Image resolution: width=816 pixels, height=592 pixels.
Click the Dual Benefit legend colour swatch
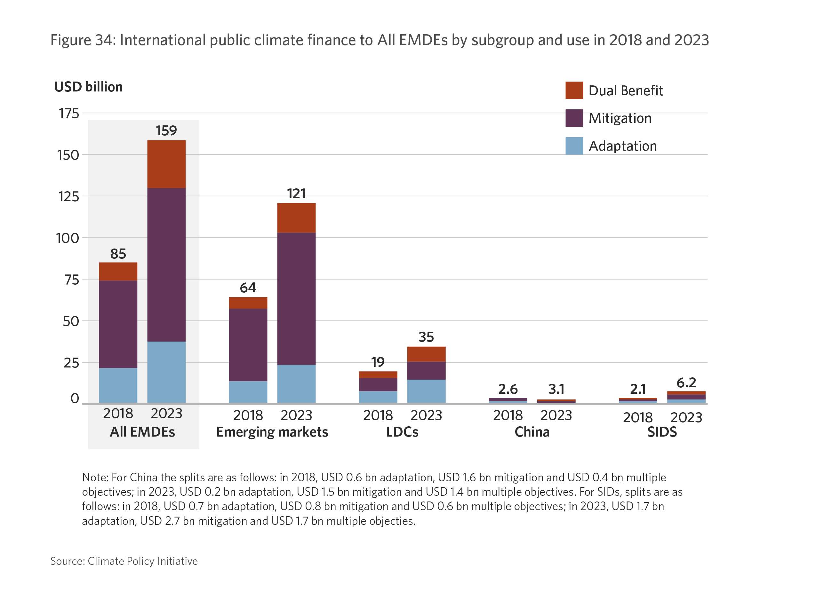574,90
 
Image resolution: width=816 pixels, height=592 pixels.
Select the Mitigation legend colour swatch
574,118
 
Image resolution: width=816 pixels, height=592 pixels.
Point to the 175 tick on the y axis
69,113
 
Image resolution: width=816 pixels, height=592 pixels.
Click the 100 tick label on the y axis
68,238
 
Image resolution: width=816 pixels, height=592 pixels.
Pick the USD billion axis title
89,87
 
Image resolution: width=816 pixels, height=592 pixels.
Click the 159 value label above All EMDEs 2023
166,130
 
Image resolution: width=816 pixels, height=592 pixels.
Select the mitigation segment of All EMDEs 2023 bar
166,264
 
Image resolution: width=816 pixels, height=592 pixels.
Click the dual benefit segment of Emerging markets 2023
296,217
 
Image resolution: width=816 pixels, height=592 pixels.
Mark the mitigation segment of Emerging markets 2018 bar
248,344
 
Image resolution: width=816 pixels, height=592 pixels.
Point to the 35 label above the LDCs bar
426,337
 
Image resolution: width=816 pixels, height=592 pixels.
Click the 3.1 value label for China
556,389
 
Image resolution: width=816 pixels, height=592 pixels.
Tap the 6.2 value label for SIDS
686,383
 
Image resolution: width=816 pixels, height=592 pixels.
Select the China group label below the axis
532,432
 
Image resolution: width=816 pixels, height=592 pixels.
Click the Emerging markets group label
272,432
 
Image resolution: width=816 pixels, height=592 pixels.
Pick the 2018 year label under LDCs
378,415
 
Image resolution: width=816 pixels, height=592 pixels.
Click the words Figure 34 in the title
83,40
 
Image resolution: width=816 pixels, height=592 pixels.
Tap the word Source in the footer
67,561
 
